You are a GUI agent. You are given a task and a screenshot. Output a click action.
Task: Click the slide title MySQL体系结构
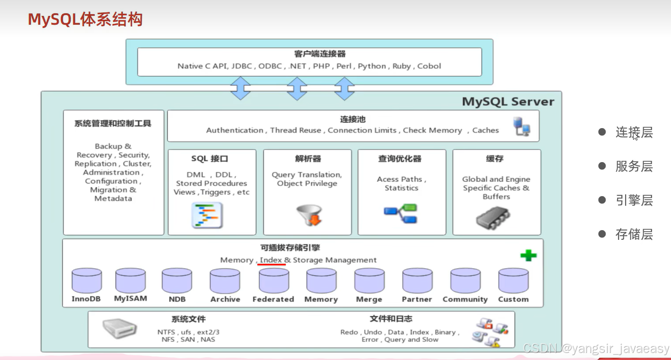click(x=85, y=19)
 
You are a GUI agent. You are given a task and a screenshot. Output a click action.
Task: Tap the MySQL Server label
click(x=508, y=102)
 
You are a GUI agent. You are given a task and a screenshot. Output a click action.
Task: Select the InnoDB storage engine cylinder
click(x=87, y=280)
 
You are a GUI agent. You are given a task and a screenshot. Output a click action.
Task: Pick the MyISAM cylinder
click(x=130, y=280)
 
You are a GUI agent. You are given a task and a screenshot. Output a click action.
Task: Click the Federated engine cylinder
click(x=274, y=281)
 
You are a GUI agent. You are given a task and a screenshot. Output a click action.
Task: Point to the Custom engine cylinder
click(x=513, y=281)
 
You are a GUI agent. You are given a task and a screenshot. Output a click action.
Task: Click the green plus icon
click(x=528, y=255)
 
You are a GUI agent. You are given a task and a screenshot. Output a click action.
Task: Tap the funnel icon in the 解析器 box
click(x=309, y=215)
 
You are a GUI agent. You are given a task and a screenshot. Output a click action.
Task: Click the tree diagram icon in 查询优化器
click(x=401, y=213)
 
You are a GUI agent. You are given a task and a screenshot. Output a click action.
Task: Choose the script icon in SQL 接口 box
click(x=207, y=215)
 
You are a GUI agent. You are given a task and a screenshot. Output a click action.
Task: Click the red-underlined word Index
click(x=271, y=260)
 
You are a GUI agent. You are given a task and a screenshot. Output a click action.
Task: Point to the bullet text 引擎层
click(x=634, y=200)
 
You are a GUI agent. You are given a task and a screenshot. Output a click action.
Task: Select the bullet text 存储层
click(x=634, y=234)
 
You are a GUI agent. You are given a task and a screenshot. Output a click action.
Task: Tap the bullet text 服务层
click(x=634, y=166)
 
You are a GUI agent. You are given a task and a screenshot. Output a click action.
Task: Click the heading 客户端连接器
click(x=320, y=54)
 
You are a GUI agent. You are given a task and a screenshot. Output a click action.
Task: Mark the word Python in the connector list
click(x=372, y=66)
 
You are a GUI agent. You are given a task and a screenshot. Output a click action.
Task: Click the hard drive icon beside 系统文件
click(x=119, y=329)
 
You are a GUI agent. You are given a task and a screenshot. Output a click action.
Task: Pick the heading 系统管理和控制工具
click(x=113, y=124)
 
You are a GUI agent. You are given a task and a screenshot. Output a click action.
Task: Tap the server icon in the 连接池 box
click(x=522, y=127)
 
